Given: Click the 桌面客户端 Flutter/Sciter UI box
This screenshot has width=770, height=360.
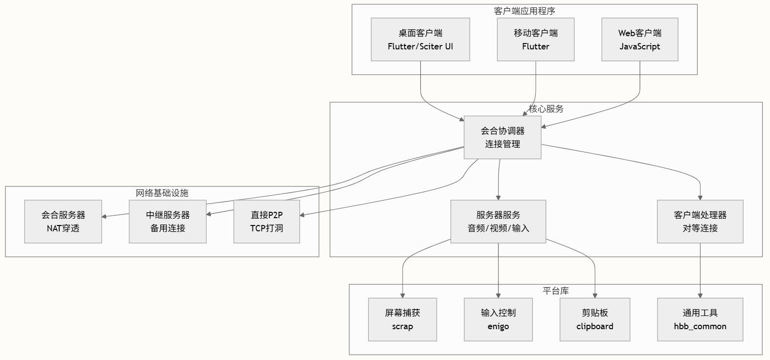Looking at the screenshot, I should pos(420,40).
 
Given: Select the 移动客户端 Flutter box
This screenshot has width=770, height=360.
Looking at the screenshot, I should pos(535,40).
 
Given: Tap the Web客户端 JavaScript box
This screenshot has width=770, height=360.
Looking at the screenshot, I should pos(639,40).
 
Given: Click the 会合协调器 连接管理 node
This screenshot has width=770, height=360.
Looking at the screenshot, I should pos(502,137).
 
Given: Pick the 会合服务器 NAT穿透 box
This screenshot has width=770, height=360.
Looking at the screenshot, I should pos(63,222).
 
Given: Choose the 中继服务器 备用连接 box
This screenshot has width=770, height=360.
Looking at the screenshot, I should pos(167,222).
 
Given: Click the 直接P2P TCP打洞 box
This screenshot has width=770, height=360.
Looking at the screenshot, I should pos(267,222).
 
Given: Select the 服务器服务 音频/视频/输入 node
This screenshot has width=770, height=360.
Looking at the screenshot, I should pos(498,222).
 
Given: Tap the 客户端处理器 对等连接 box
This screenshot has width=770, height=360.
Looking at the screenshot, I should pos(700,222).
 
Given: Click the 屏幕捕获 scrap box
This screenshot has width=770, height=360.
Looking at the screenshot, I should pos(402,319).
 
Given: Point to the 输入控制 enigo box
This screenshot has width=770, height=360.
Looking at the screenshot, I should pos(498,319).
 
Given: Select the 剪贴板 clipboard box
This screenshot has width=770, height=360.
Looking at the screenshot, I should pos(595,319).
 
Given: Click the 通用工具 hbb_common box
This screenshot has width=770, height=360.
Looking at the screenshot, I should pos(700,319).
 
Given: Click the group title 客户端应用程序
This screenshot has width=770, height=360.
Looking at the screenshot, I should pos(524,11).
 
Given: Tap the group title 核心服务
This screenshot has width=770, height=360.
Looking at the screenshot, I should pos(546,109).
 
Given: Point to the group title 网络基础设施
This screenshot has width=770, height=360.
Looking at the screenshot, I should pos(162,193).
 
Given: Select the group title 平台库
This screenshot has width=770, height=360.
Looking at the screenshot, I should pos(556,291).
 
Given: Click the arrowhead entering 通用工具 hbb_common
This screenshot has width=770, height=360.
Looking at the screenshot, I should pos(700,295).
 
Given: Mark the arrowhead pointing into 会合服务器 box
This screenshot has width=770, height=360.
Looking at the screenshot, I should pos(105,216).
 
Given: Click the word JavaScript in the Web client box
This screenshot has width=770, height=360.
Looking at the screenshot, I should pos(639,46).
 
